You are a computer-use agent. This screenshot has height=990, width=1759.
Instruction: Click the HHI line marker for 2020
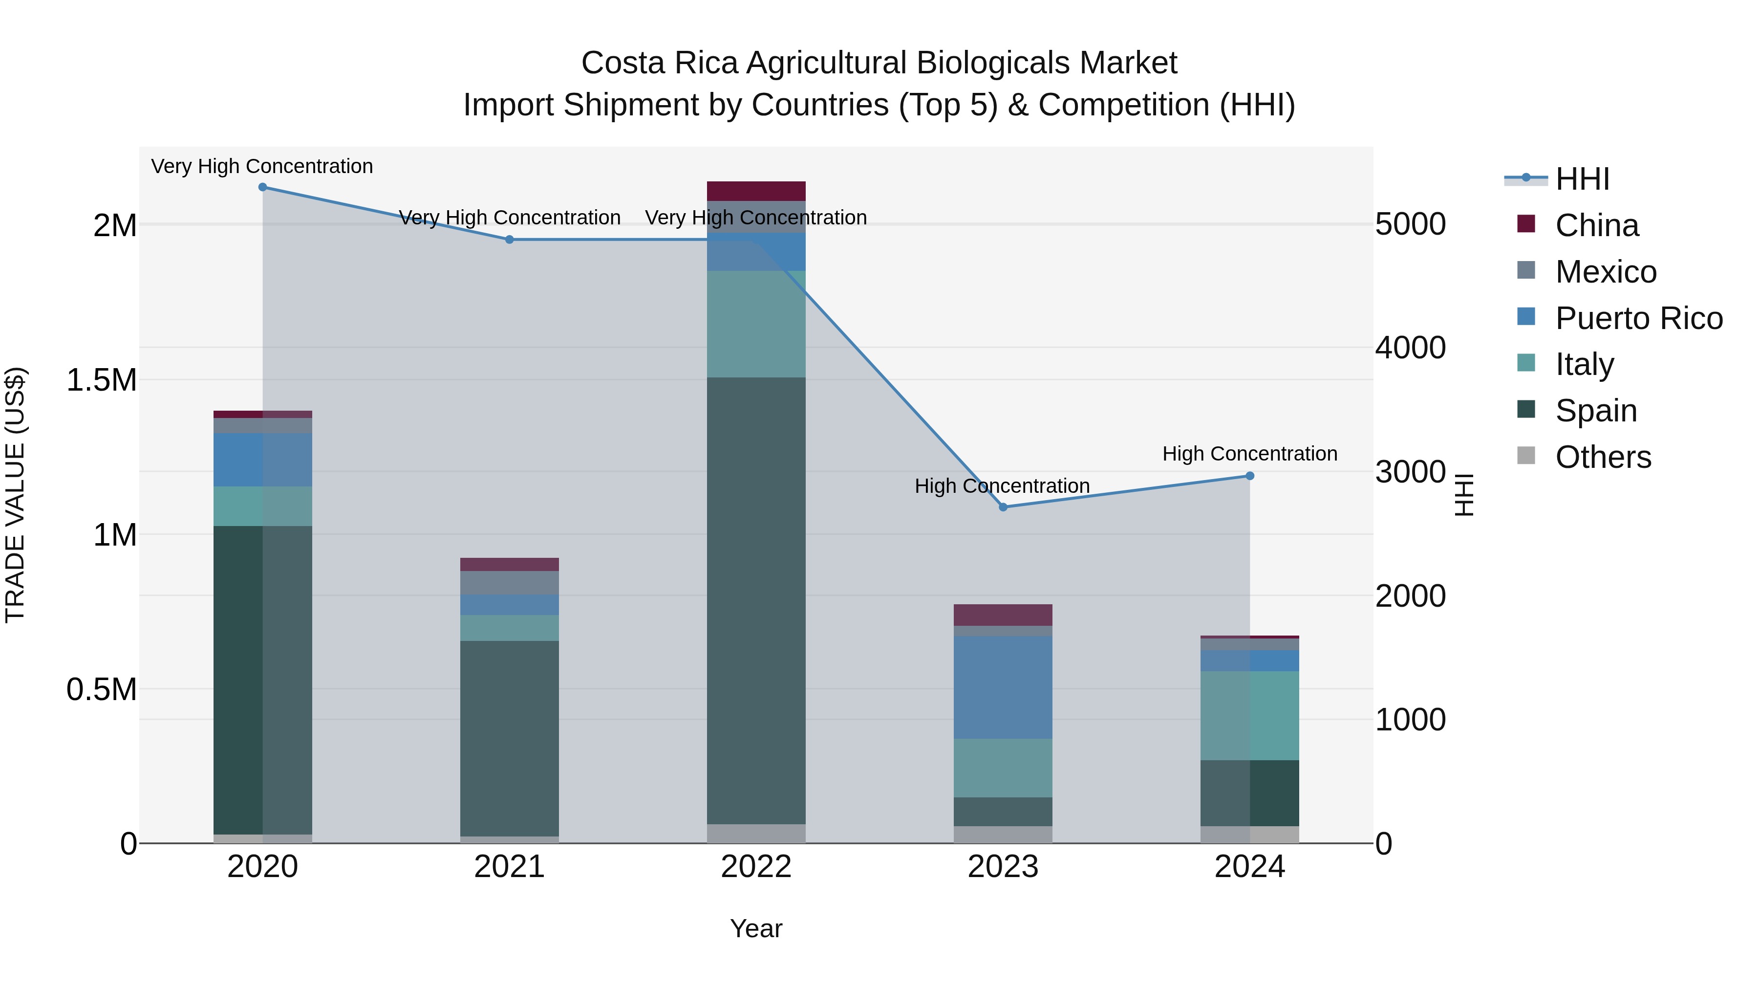[263, 187]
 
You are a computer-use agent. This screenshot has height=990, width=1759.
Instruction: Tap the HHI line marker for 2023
[1003, 507]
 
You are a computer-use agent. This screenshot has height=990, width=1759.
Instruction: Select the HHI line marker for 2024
[1249, 476]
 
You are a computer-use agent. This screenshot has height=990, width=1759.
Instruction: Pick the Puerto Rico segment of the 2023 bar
[1003, 687]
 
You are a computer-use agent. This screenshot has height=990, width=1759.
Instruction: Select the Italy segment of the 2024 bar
[1249, 715]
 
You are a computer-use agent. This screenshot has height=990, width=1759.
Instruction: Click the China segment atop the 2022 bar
[756, 191]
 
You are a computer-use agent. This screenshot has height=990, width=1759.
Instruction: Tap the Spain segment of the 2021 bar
[510, 738]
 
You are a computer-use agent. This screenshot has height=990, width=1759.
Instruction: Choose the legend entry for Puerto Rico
[1639, 318]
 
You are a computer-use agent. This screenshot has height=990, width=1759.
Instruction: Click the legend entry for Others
[1603, 457]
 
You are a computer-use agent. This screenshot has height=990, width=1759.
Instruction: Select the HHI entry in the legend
[1582, 179]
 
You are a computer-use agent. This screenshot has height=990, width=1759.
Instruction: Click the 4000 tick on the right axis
[1410, 348]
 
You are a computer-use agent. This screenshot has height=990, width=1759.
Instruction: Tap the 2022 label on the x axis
[756, 867]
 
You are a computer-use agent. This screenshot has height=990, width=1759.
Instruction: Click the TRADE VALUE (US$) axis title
[15, 495]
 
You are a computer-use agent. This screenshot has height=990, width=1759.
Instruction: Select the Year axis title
[756, 928]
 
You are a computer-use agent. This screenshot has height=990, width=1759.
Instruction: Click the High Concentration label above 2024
[1249, 454]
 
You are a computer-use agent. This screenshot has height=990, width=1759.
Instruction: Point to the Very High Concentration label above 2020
[262, 166]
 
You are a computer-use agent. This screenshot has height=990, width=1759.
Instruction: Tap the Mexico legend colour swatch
[1526, 270]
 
